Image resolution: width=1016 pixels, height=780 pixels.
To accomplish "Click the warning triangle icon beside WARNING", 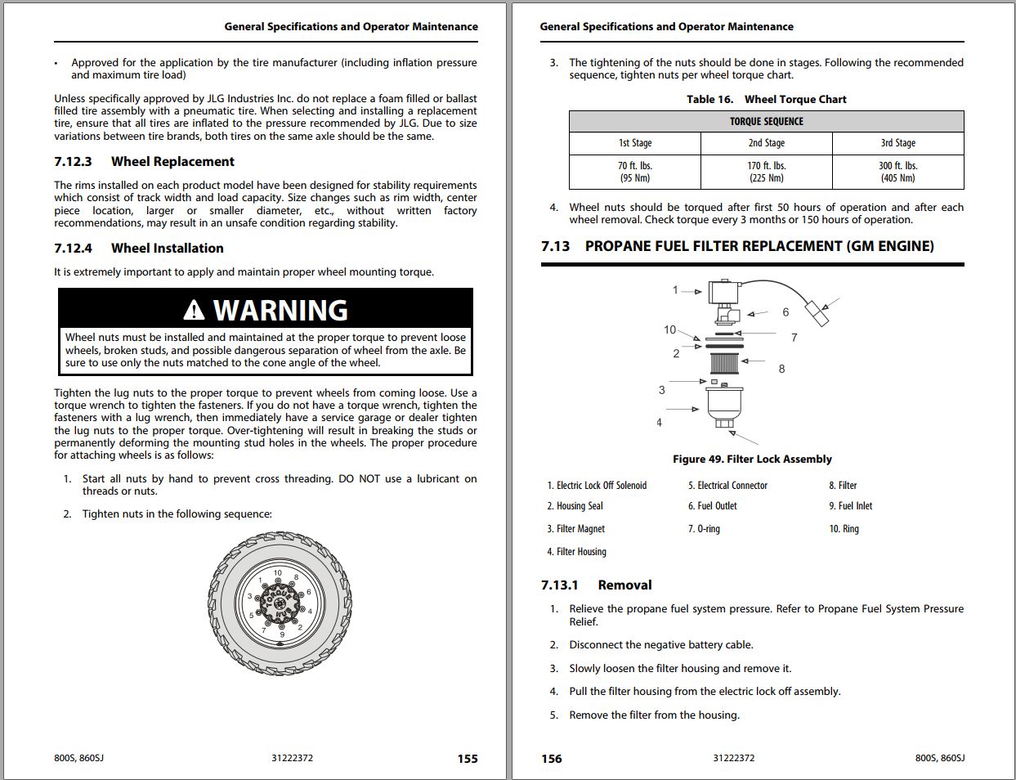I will pos(194,310).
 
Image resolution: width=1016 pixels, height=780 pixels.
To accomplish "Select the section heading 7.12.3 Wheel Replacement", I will pos(144,162).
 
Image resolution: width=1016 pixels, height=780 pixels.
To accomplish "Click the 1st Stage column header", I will pos(635,143).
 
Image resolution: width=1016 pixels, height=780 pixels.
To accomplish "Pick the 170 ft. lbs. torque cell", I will pos(766,172).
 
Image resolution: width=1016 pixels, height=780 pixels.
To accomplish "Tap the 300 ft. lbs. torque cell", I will pos(897,172).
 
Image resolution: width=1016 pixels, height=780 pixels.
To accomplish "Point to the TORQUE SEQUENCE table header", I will pos(766,121).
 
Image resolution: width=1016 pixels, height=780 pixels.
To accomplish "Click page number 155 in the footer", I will pos(468,759).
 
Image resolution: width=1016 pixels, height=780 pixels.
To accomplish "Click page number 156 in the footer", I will pos(552,759).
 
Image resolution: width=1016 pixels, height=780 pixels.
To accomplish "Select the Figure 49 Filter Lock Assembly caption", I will pos(752,459).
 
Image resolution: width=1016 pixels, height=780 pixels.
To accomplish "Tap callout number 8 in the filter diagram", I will pos(781,369).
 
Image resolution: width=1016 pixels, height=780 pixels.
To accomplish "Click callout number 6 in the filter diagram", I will pos(785,312).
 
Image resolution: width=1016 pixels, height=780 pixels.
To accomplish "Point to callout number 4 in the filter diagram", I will pos(659,423).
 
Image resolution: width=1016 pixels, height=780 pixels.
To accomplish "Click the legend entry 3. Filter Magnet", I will pos(576,529).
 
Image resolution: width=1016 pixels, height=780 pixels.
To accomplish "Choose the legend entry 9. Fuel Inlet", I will pos(850,506).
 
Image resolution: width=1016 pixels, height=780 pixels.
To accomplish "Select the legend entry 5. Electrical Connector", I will pos(727,486).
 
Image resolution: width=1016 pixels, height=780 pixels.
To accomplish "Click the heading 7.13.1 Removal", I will pos(596,585).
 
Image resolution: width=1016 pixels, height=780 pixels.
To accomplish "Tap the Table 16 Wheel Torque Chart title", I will pos(766,100).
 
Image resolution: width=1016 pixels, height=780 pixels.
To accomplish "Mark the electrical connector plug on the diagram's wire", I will pos(817,312).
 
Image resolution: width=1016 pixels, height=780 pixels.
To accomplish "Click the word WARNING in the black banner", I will pos(280,311).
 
